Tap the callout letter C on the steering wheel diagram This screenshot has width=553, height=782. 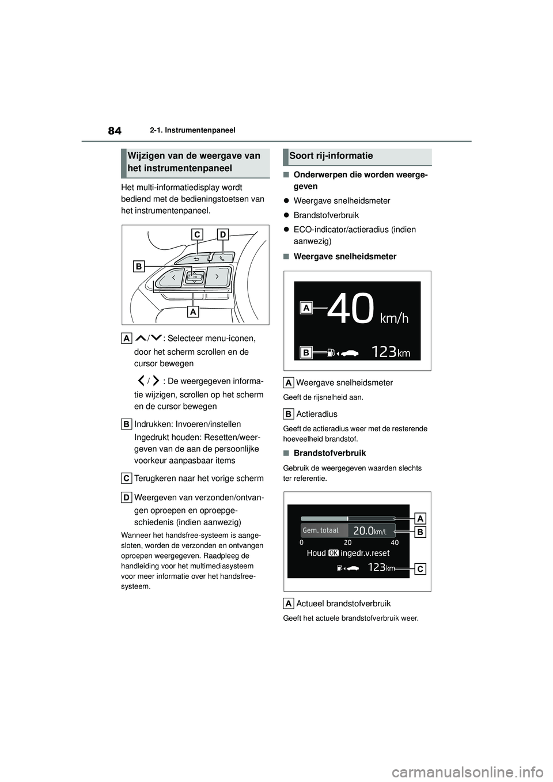(197, 234)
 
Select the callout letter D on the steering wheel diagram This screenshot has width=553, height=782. (223, 234)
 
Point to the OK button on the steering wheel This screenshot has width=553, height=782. (195, 277)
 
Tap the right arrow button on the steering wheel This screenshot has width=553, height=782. (217, 276)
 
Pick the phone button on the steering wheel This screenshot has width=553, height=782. (222, 258)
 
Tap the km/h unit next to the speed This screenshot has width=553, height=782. (394, 318)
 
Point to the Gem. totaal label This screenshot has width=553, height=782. (321, 530)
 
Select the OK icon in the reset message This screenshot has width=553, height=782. (334, 553)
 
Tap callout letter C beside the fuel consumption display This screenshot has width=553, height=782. (420, 569)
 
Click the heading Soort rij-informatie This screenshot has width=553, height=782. (331, 156)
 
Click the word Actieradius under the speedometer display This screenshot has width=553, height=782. (317, 414)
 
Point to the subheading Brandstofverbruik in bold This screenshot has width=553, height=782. (329, 453)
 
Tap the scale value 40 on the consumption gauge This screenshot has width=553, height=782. (395, 542)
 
